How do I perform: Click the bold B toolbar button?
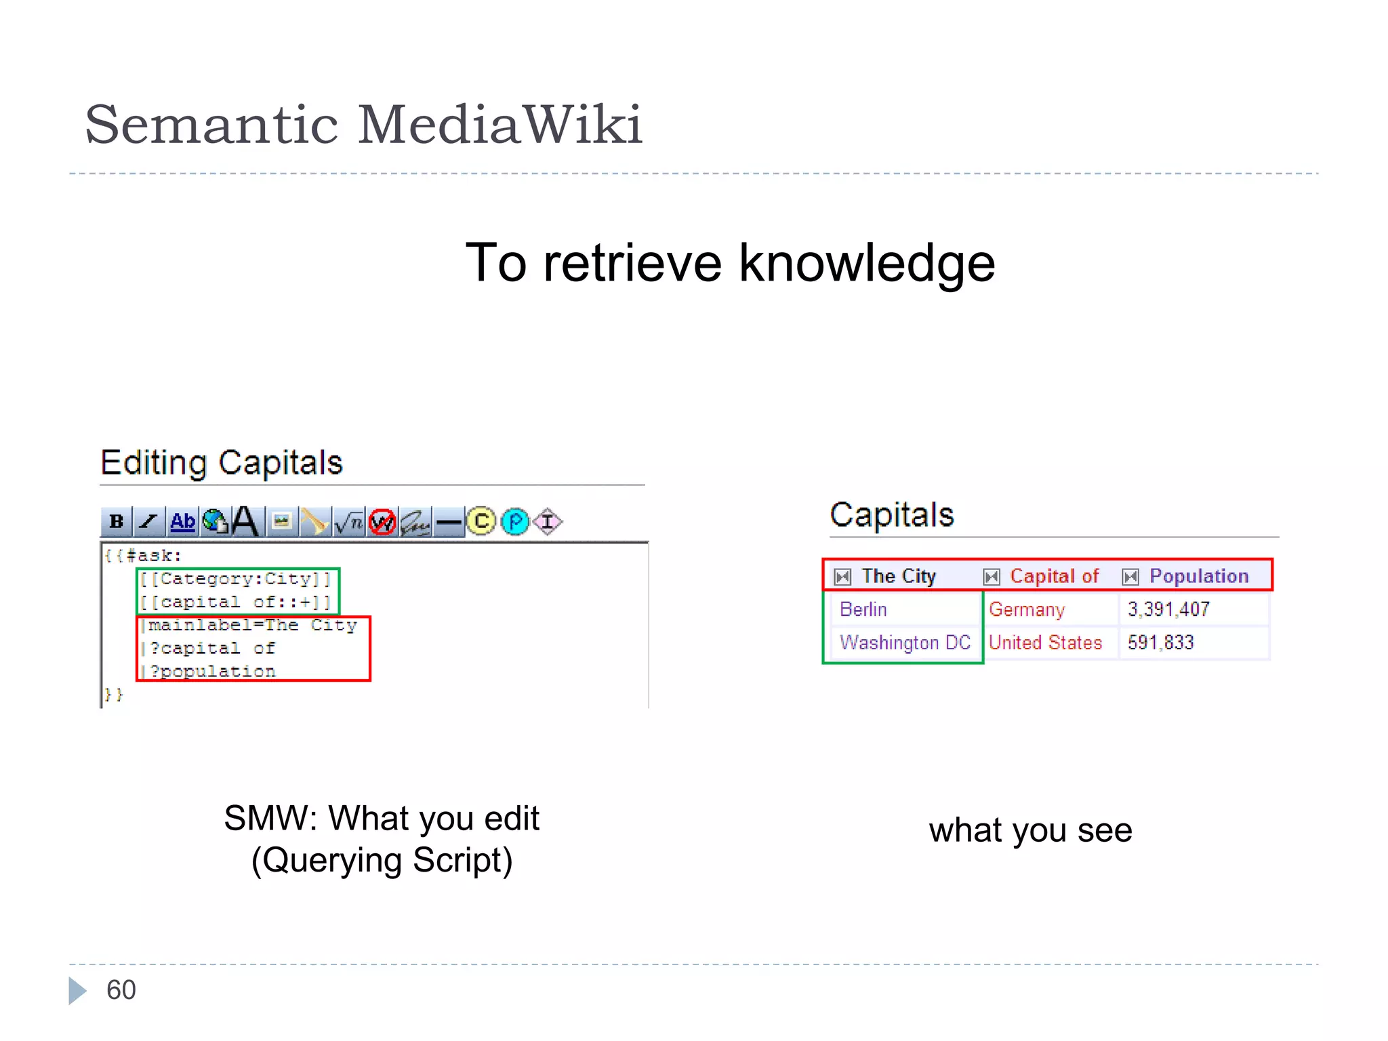click(117, 521)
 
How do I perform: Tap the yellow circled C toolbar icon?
click(481, 521)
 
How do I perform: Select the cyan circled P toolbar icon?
click(515, 521)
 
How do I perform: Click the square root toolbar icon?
click(349, 521)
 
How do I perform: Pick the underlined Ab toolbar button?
click(182, 521)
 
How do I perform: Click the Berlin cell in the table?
click(863, 609)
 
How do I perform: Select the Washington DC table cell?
click(905, 642)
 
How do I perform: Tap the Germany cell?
click(1026, 609)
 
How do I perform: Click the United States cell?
click(1045, 642)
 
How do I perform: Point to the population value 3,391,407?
click(1168, 609)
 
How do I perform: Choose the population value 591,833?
click(1160, 642)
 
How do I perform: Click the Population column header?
click(1198, 576)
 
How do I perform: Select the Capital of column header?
click(1054, 576)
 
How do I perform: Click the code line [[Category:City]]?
click(236, 579)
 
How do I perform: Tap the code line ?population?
click(212, 671)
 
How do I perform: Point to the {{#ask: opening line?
click(143, 556)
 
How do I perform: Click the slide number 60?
click(121, 990)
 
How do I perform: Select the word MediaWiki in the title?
click(499, 125)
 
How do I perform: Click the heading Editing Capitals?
click(222, 463)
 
